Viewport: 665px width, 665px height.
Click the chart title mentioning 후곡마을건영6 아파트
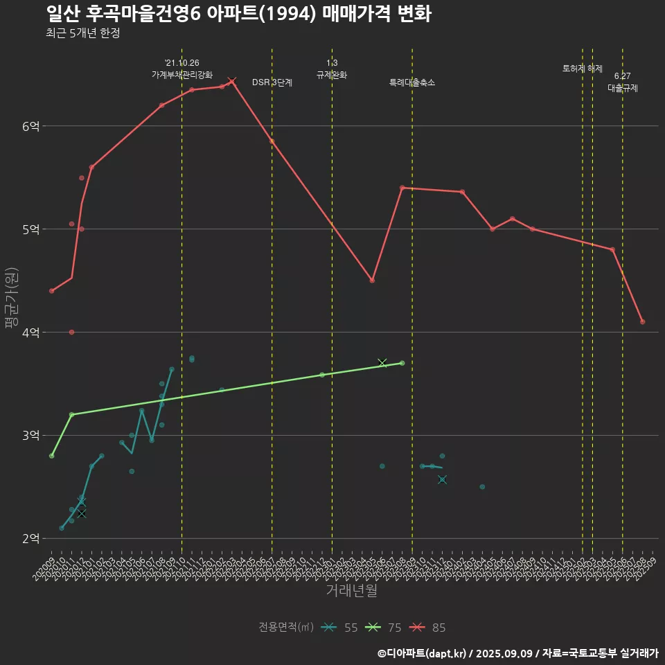pyautogui.click(x=239, y=13)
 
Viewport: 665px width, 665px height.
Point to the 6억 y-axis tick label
pyautogui.click(x=31, y=126)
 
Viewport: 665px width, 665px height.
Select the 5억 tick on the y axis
pyautogui.click(x=31, y=229)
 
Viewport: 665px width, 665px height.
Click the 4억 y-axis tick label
pyautogui.click(x=31, y=332)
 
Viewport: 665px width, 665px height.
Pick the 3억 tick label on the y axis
pyautogui.click(x=31, y=436)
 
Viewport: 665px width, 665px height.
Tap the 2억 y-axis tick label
pyautogui.click(x=31, y=539)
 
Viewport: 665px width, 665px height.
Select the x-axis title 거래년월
pyautogui.click(x=352, y=591)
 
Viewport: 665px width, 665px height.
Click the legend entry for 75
pyautogui.click(x=384, y=628)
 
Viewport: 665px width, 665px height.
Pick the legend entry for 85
pyautogui.click(x=428, y=628)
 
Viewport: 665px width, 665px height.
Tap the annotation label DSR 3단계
pyautogui.click(x=272, y=82)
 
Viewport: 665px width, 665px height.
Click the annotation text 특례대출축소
pyautogui.click(x=412, y=82)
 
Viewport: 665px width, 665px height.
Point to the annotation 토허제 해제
pyautogui.click(x=583, y=69)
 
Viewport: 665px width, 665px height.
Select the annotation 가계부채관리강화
pyautogui.click(x=182, y=75)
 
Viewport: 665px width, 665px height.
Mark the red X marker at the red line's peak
pyautogui.click(x=232, y=81)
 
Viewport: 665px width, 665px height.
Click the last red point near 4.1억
pyautogui.click(x=643, y=321)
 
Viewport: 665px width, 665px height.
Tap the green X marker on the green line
pyautogui.click(x=382, y=362)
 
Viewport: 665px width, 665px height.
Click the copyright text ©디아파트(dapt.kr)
pyautogui.click(x=423, y=653)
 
